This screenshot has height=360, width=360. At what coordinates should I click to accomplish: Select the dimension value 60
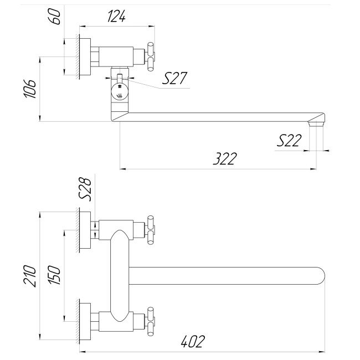55,16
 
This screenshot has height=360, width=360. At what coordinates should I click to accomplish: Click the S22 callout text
289,141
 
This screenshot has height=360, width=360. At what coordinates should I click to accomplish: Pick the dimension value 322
224,159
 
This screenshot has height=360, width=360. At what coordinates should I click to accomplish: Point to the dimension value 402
192,342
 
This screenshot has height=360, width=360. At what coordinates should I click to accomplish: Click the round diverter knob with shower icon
120,92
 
